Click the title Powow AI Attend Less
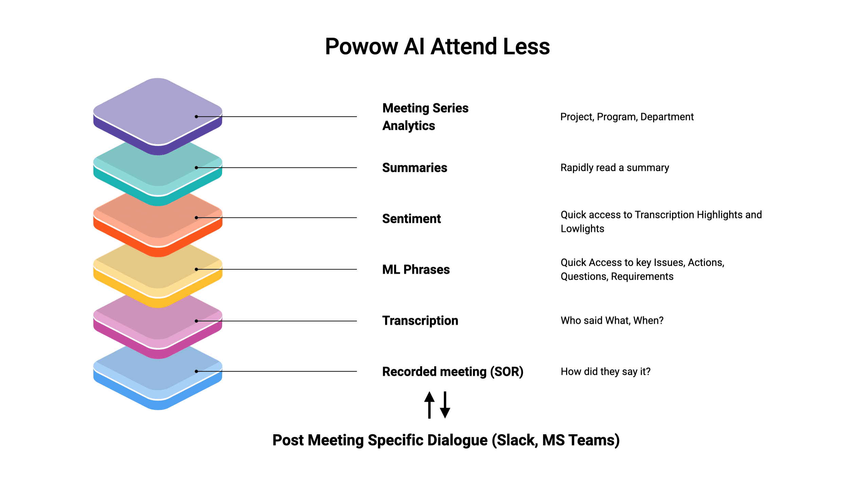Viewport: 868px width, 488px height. point(437,47)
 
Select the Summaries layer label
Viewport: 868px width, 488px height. point(415,168)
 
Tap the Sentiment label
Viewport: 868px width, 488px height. point(412,219)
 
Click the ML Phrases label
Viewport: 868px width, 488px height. point(416,269)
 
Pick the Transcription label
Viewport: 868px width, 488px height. point(420,320)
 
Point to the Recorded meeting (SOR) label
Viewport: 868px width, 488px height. point(453,371)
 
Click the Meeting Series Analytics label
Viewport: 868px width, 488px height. point(426,117)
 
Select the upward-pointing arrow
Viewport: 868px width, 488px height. point(430,405)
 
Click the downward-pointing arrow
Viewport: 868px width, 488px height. point(445,405)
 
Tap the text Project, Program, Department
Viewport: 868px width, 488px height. point(627,117)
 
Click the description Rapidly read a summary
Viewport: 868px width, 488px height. point(615,168)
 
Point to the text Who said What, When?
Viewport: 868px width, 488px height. point(612,320)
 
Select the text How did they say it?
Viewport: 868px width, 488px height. point(605,371)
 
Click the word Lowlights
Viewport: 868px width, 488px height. point(582,229)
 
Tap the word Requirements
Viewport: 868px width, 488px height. point(642,277)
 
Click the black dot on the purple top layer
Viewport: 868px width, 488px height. point(196,117)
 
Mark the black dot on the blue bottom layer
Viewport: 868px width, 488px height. point(196,371)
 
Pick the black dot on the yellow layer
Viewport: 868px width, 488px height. point(196,269)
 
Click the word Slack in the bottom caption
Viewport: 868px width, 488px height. point(515,440)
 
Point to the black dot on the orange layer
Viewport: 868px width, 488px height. point(196,217)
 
